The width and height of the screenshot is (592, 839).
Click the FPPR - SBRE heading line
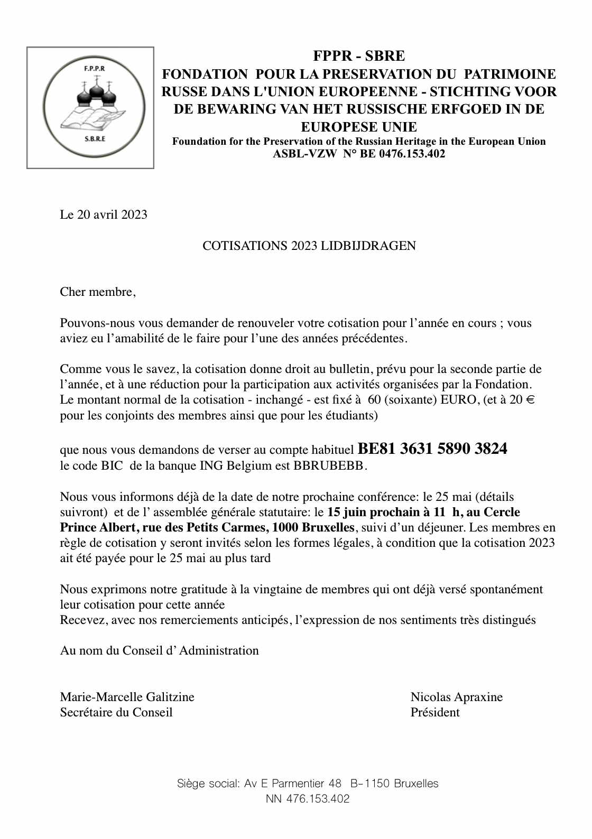point(359,56)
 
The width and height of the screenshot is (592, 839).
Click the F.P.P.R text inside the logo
point(95,69)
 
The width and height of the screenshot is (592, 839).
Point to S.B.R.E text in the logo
point(95,139)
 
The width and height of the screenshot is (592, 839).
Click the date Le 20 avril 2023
point(104,215)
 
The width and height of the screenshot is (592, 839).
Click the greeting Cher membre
point(97,292)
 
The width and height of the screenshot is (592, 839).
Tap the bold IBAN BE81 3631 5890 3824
point(432,449)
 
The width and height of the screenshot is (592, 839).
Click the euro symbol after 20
point(531,399)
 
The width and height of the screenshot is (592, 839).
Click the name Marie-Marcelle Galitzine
point(127,697)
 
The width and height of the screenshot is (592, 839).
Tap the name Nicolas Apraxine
point(456,697)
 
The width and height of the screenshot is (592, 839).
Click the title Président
point(434,712)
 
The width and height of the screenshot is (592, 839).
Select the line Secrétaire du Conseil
point(116,712)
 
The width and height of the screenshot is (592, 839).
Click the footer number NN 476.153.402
point(308,799)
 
